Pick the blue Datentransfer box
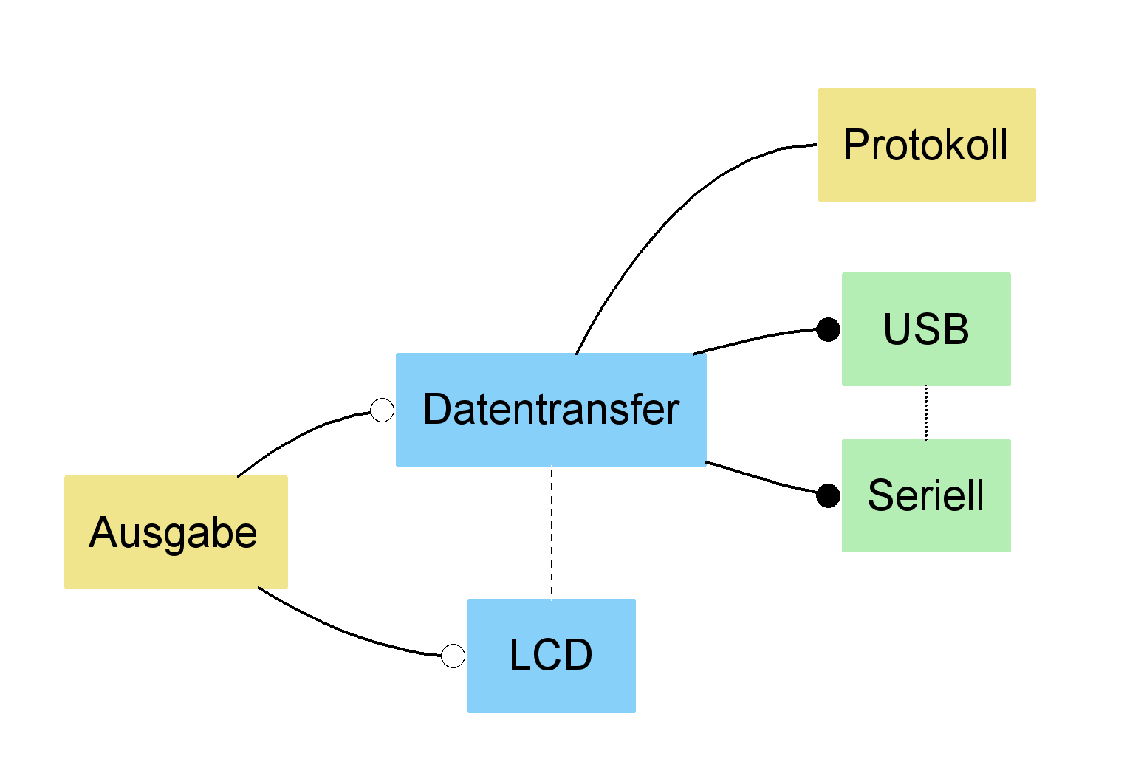click(551, 443)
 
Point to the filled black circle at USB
click(828, 329)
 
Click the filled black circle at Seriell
click(828, 495)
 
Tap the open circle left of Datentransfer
click(382, 410)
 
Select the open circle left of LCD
click(453, 656)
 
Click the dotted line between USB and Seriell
click(927, 412)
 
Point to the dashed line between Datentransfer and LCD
click(551, 532)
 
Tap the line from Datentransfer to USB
click(761, 337)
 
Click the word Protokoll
click(925, 145)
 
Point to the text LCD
click(551, 655)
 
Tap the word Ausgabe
click(173, 532)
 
